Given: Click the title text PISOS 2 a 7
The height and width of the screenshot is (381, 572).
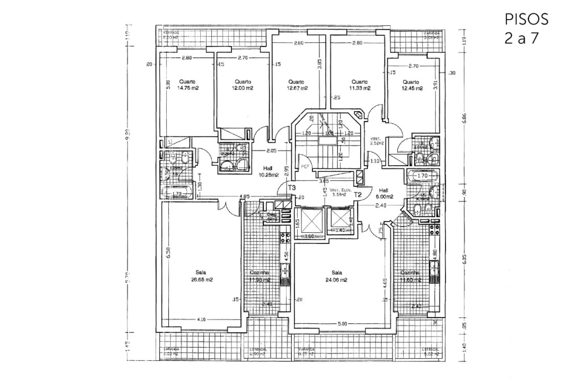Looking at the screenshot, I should [x=526, y=29].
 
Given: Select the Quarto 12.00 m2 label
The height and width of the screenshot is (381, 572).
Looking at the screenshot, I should [x=243, y=85].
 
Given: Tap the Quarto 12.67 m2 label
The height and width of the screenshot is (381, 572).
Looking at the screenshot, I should [x=298, y=85].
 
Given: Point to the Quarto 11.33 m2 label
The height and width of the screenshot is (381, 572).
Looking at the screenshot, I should [x=359, y=85].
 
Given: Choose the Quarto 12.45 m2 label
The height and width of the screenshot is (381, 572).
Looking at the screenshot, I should [x=410, y=85].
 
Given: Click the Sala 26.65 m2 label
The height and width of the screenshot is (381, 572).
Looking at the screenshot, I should [x=201, y=276].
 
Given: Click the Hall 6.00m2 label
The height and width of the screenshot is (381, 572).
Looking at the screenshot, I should [x=384, y=193].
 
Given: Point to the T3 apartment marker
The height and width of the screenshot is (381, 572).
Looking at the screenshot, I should [x=291, y=188].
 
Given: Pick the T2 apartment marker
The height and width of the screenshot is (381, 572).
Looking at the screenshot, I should [x=358, y=194].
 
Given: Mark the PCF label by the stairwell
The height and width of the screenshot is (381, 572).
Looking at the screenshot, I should [x=305, y=166].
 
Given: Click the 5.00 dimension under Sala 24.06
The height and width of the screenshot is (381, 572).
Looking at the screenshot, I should [x=342, y=323].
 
